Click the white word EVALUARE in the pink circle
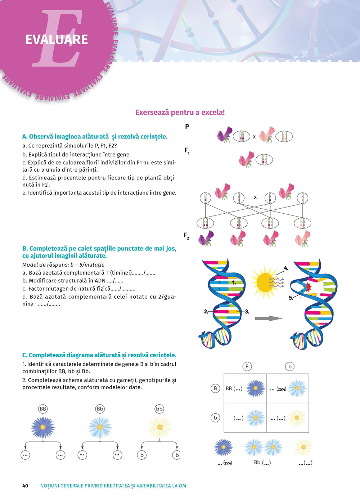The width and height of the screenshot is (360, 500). point(57,39)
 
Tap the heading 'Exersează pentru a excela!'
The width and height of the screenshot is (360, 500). point(180,112)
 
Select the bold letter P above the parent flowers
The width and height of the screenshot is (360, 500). point(187,126)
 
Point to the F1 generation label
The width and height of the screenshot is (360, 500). point(187,151)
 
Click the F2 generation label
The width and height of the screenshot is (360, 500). point(186,236)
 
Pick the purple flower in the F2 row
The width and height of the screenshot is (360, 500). point(206,238)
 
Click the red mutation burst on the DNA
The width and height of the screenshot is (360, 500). point(308,287)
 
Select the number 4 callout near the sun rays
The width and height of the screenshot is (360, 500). point(286,268)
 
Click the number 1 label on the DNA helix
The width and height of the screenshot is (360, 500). point(234,283)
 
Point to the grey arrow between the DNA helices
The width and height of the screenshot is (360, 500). point(268,318)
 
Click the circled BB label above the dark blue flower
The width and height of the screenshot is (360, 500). point(43,409)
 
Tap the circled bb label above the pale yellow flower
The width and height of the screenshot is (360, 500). point(159,409)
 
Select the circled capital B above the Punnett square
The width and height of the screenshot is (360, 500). point(247,367)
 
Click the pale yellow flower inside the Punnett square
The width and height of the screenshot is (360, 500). point(297,418)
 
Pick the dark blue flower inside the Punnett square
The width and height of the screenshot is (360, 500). point(256,388)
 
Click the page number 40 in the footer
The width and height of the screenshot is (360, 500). point(25,486)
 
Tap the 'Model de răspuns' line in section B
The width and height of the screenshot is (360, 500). point(63,265)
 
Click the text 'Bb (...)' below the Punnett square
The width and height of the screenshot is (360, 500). point(262,463)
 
